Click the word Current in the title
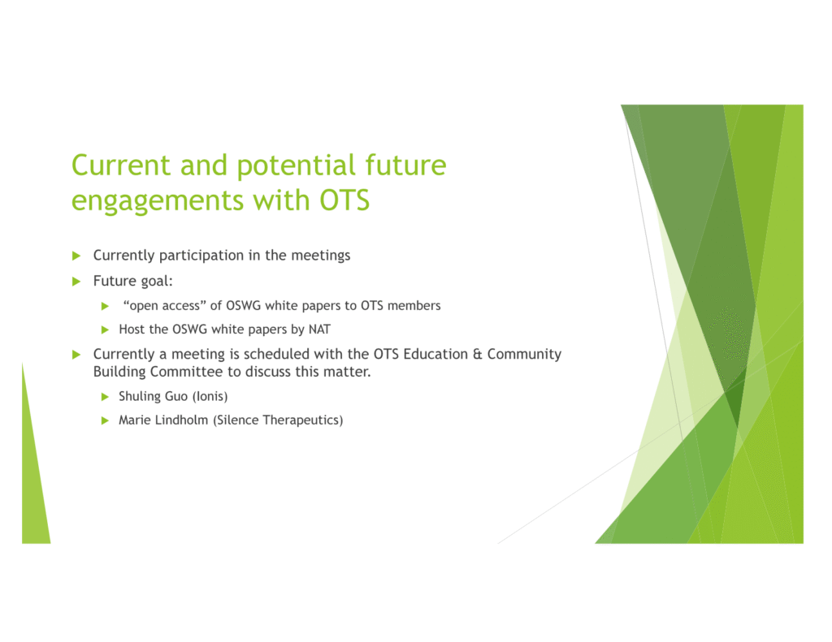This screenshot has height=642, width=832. pos(121,165)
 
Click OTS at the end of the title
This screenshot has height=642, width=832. pos(344,200)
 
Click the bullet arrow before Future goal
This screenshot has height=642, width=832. pos(76,281)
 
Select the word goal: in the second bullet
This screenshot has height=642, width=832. pos(157,282)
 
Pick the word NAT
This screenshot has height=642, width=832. pos(319,330)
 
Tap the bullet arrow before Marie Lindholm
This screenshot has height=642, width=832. pos(105,420)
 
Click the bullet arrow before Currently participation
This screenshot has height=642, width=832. pos(76,256)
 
